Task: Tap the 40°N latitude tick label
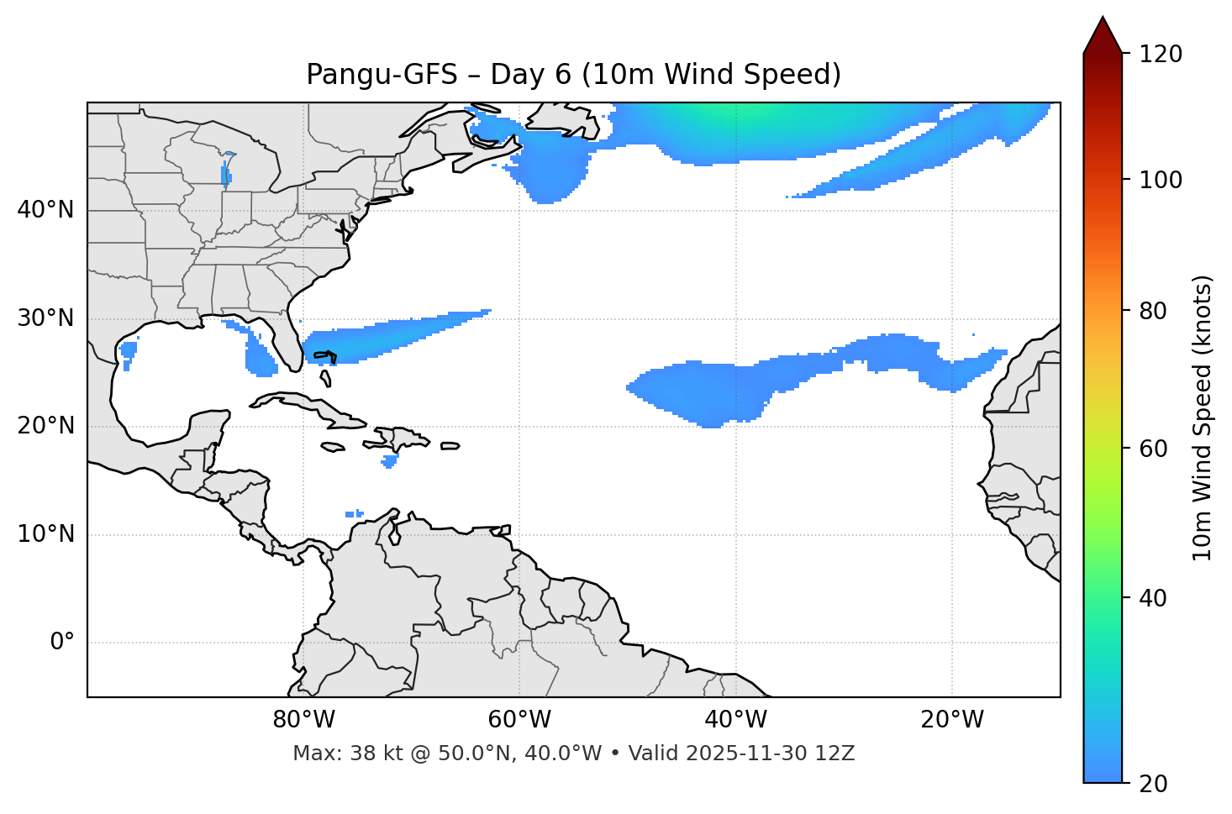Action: coord(45,210)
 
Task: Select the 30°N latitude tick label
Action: coord(45,318)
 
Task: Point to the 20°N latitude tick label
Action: coord(45,426)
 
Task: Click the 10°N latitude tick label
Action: coord(45,534)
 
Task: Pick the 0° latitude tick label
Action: coord(62,643)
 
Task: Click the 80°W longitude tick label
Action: coord(303,720)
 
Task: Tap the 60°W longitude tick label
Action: coord(519,720)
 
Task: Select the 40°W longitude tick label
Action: coord(736,720)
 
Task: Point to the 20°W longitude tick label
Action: coord(952,720)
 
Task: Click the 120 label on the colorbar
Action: coord(1161,55)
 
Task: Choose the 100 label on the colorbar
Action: coord(1161,180)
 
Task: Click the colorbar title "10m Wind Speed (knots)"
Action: coord(1203,418)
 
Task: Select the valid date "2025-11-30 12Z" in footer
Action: coord(770,754)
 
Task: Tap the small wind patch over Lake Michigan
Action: coord(225,175)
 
